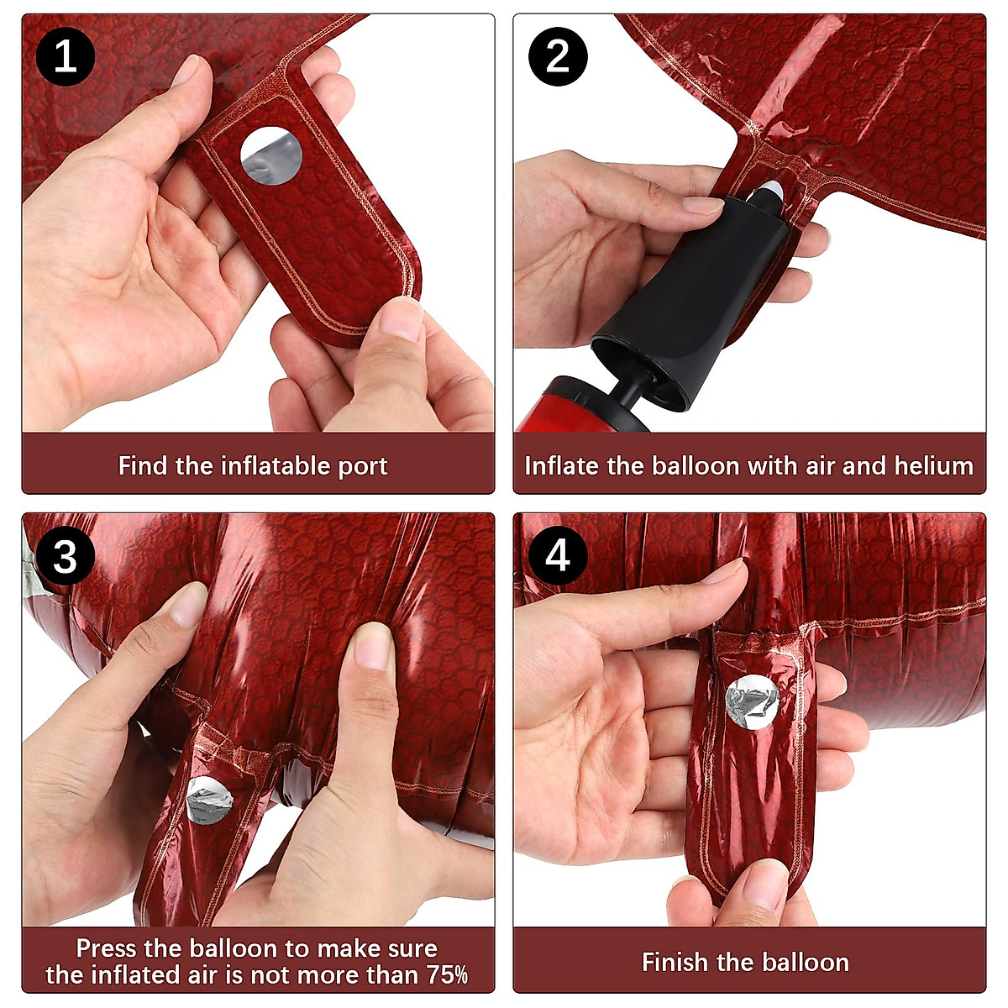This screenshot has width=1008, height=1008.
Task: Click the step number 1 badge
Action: (66, 56)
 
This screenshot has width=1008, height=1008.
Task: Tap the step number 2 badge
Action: (558, 56)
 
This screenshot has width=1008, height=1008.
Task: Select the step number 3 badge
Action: (66, 555)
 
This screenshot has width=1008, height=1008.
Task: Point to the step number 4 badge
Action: (558, 555)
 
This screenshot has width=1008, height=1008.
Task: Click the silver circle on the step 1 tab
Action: (271, 155)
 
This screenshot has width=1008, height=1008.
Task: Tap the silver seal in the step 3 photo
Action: (209, 801)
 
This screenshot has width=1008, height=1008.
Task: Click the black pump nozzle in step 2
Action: (690, 293)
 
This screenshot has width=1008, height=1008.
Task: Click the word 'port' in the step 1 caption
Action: (363, 466)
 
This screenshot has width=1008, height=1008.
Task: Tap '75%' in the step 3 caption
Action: (447, 974)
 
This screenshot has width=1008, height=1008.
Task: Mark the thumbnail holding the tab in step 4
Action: (766, 885)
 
